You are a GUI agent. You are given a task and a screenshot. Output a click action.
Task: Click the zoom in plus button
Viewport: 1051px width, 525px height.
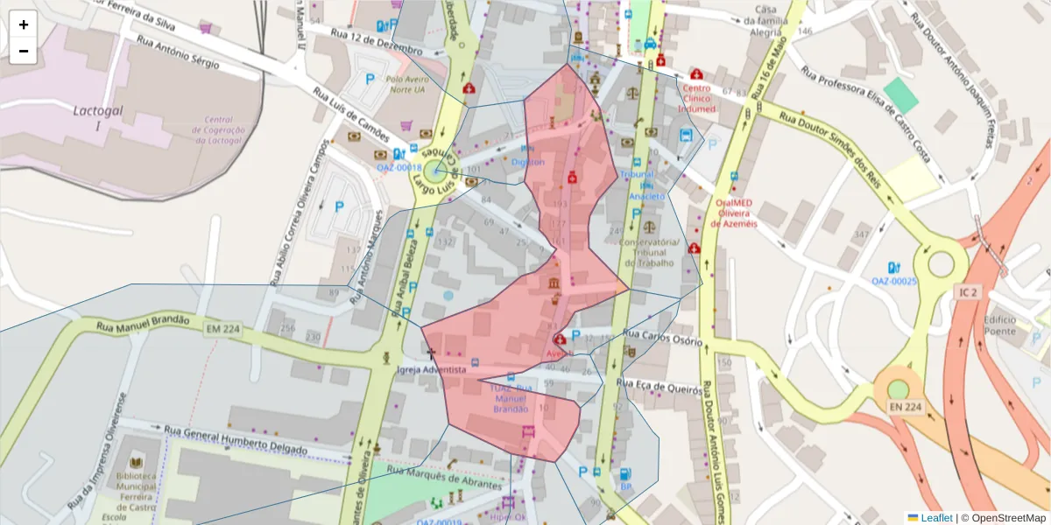[24, 24]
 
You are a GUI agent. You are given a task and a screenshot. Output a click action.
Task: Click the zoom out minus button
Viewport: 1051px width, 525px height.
[24, 51]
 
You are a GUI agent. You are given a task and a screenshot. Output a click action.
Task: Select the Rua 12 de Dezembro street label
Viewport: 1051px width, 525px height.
[377, 42]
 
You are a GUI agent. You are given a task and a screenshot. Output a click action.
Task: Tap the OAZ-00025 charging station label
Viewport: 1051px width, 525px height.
[893, 281]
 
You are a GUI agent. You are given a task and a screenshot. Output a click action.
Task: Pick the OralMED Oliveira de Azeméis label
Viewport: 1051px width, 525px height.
[734, 212]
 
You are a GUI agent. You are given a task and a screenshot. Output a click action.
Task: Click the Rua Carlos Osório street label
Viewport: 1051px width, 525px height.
[662, 337]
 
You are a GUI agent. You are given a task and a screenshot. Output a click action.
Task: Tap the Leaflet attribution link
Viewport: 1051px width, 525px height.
[935, 518]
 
